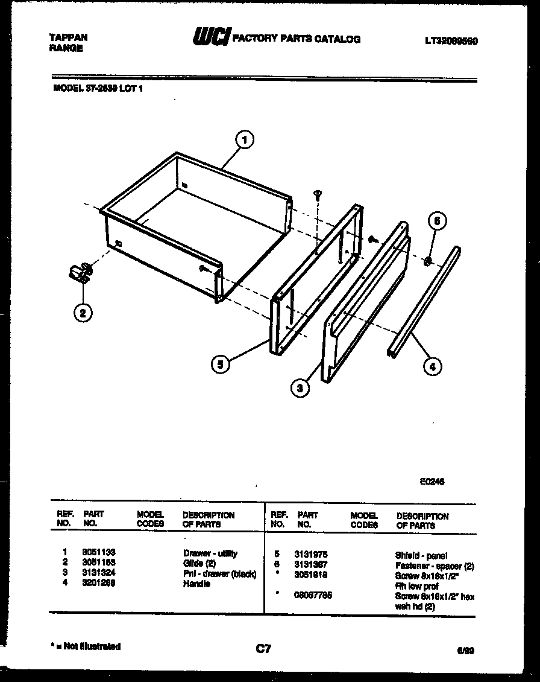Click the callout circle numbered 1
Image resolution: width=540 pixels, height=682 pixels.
tap(243, 140)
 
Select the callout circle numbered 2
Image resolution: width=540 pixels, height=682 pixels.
tap(83, 312)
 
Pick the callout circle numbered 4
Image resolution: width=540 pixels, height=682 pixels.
tap(432, 365)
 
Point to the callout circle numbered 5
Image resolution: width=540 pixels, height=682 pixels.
tap(221, 364)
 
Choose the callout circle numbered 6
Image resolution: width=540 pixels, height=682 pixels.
tap(438, 221)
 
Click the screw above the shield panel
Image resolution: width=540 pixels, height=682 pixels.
tap(317, 194)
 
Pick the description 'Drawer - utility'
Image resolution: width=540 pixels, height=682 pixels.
tap(210, 553)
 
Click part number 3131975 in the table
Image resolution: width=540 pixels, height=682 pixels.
tap(310, 554)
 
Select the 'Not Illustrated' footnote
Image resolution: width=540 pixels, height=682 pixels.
tap(87, 646)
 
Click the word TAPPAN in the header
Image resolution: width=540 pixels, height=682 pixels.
tap(67, 37)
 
